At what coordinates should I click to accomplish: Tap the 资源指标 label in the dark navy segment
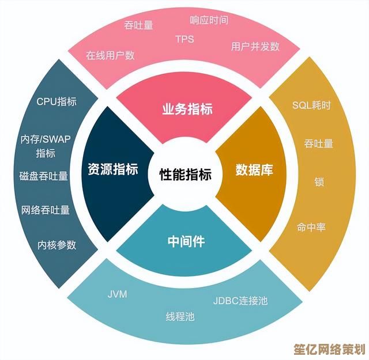[x=113, y=169]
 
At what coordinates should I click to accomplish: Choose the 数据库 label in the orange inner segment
[x=254, y=170]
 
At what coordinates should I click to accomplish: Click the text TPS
[x=185, y=39]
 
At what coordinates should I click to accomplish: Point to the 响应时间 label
[x=209, y=20]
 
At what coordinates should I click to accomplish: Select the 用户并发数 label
[x=255, y=46]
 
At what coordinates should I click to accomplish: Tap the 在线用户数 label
[x=110, y=55]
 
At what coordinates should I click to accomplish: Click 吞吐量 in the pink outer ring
[x=138, y=25]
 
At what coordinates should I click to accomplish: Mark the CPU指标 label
[x=57, y=102]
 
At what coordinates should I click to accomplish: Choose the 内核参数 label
[x=57, y=244]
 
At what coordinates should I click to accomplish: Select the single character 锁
[x=319, y=182]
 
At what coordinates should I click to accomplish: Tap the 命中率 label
[x=311, y=227]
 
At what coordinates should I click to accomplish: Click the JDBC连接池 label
[x=240, y=300]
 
